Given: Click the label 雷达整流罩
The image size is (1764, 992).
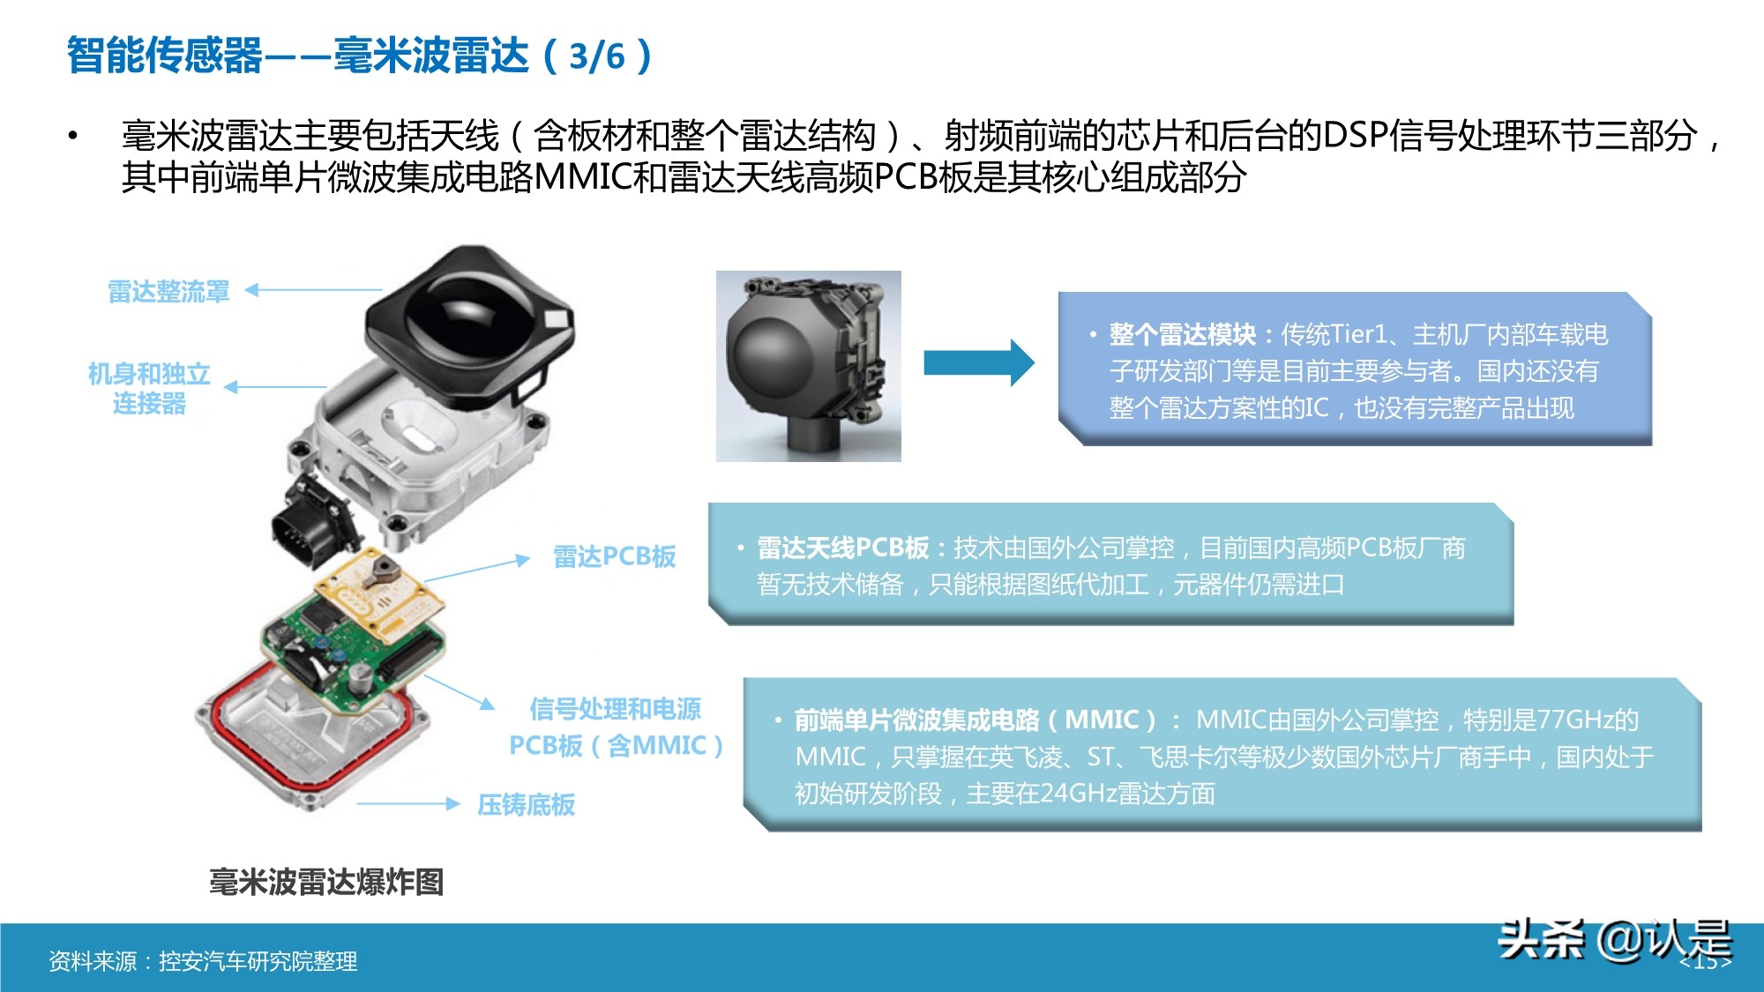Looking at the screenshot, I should point(168,291).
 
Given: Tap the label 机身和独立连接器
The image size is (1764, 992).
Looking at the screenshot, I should point(149,388).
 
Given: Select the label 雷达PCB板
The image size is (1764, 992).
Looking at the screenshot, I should point(614,556).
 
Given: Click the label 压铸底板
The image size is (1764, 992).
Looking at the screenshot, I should point(526,804).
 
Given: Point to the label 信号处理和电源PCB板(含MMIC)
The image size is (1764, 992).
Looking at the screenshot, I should point(616,727).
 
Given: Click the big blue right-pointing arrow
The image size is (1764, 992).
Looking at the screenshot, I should point(978,362).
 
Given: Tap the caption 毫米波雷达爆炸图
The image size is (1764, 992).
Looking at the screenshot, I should point(325,881).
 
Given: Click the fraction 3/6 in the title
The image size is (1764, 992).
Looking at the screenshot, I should point(597,56).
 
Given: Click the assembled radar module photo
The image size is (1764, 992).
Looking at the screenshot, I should point(808,366).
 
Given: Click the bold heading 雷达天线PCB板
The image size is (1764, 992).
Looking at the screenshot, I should point(842,548).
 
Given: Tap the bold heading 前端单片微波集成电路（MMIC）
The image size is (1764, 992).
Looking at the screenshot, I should point(975,720).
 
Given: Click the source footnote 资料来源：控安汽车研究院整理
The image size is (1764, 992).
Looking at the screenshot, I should point(203,961).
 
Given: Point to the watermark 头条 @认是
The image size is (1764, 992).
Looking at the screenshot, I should point(1614,940).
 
